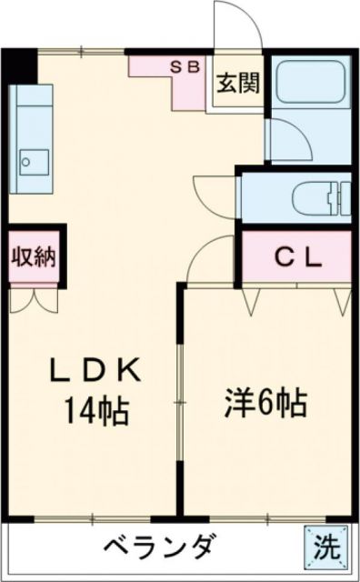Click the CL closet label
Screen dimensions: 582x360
[297, 258]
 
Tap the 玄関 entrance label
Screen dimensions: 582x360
[238, 84]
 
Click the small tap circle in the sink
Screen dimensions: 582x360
[27, 165]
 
